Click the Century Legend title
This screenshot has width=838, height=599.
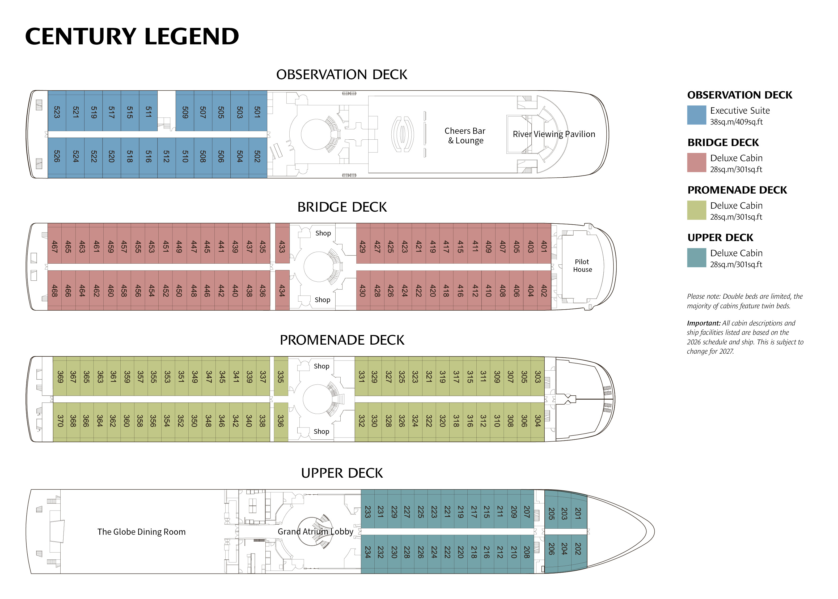(132, 37)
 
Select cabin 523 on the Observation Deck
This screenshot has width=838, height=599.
(57, 112)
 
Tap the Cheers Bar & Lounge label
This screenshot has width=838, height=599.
(465, 136)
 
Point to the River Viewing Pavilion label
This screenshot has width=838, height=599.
(553, 134)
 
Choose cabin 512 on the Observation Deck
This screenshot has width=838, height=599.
(166, 156)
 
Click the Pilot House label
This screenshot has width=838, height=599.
(582, 266)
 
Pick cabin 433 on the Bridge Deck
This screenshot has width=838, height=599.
(282, 246)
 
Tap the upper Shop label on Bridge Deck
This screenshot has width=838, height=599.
(323, 233)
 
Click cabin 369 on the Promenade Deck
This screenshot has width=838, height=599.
(60, 376)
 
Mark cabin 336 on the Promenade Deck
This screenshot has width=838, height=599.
(281, 421)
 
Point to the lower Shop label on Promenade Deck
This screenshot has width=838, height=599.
(321, 431)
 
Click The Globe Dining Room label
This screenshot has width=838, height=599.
(141, 532)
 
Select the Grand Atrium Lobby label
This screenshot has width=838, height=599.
(315, 532)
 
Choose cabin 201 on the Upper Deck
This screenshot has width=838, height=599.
(578, 513)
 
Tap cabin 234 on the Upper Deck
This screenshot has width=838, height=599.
(367, 552)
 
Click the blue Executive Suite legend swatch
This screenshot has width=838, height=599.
(696, 115)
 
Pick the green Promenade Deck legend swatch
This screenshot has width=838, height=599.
(696, 210)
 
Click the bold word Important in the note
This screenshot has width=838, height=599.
(703, 323)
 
